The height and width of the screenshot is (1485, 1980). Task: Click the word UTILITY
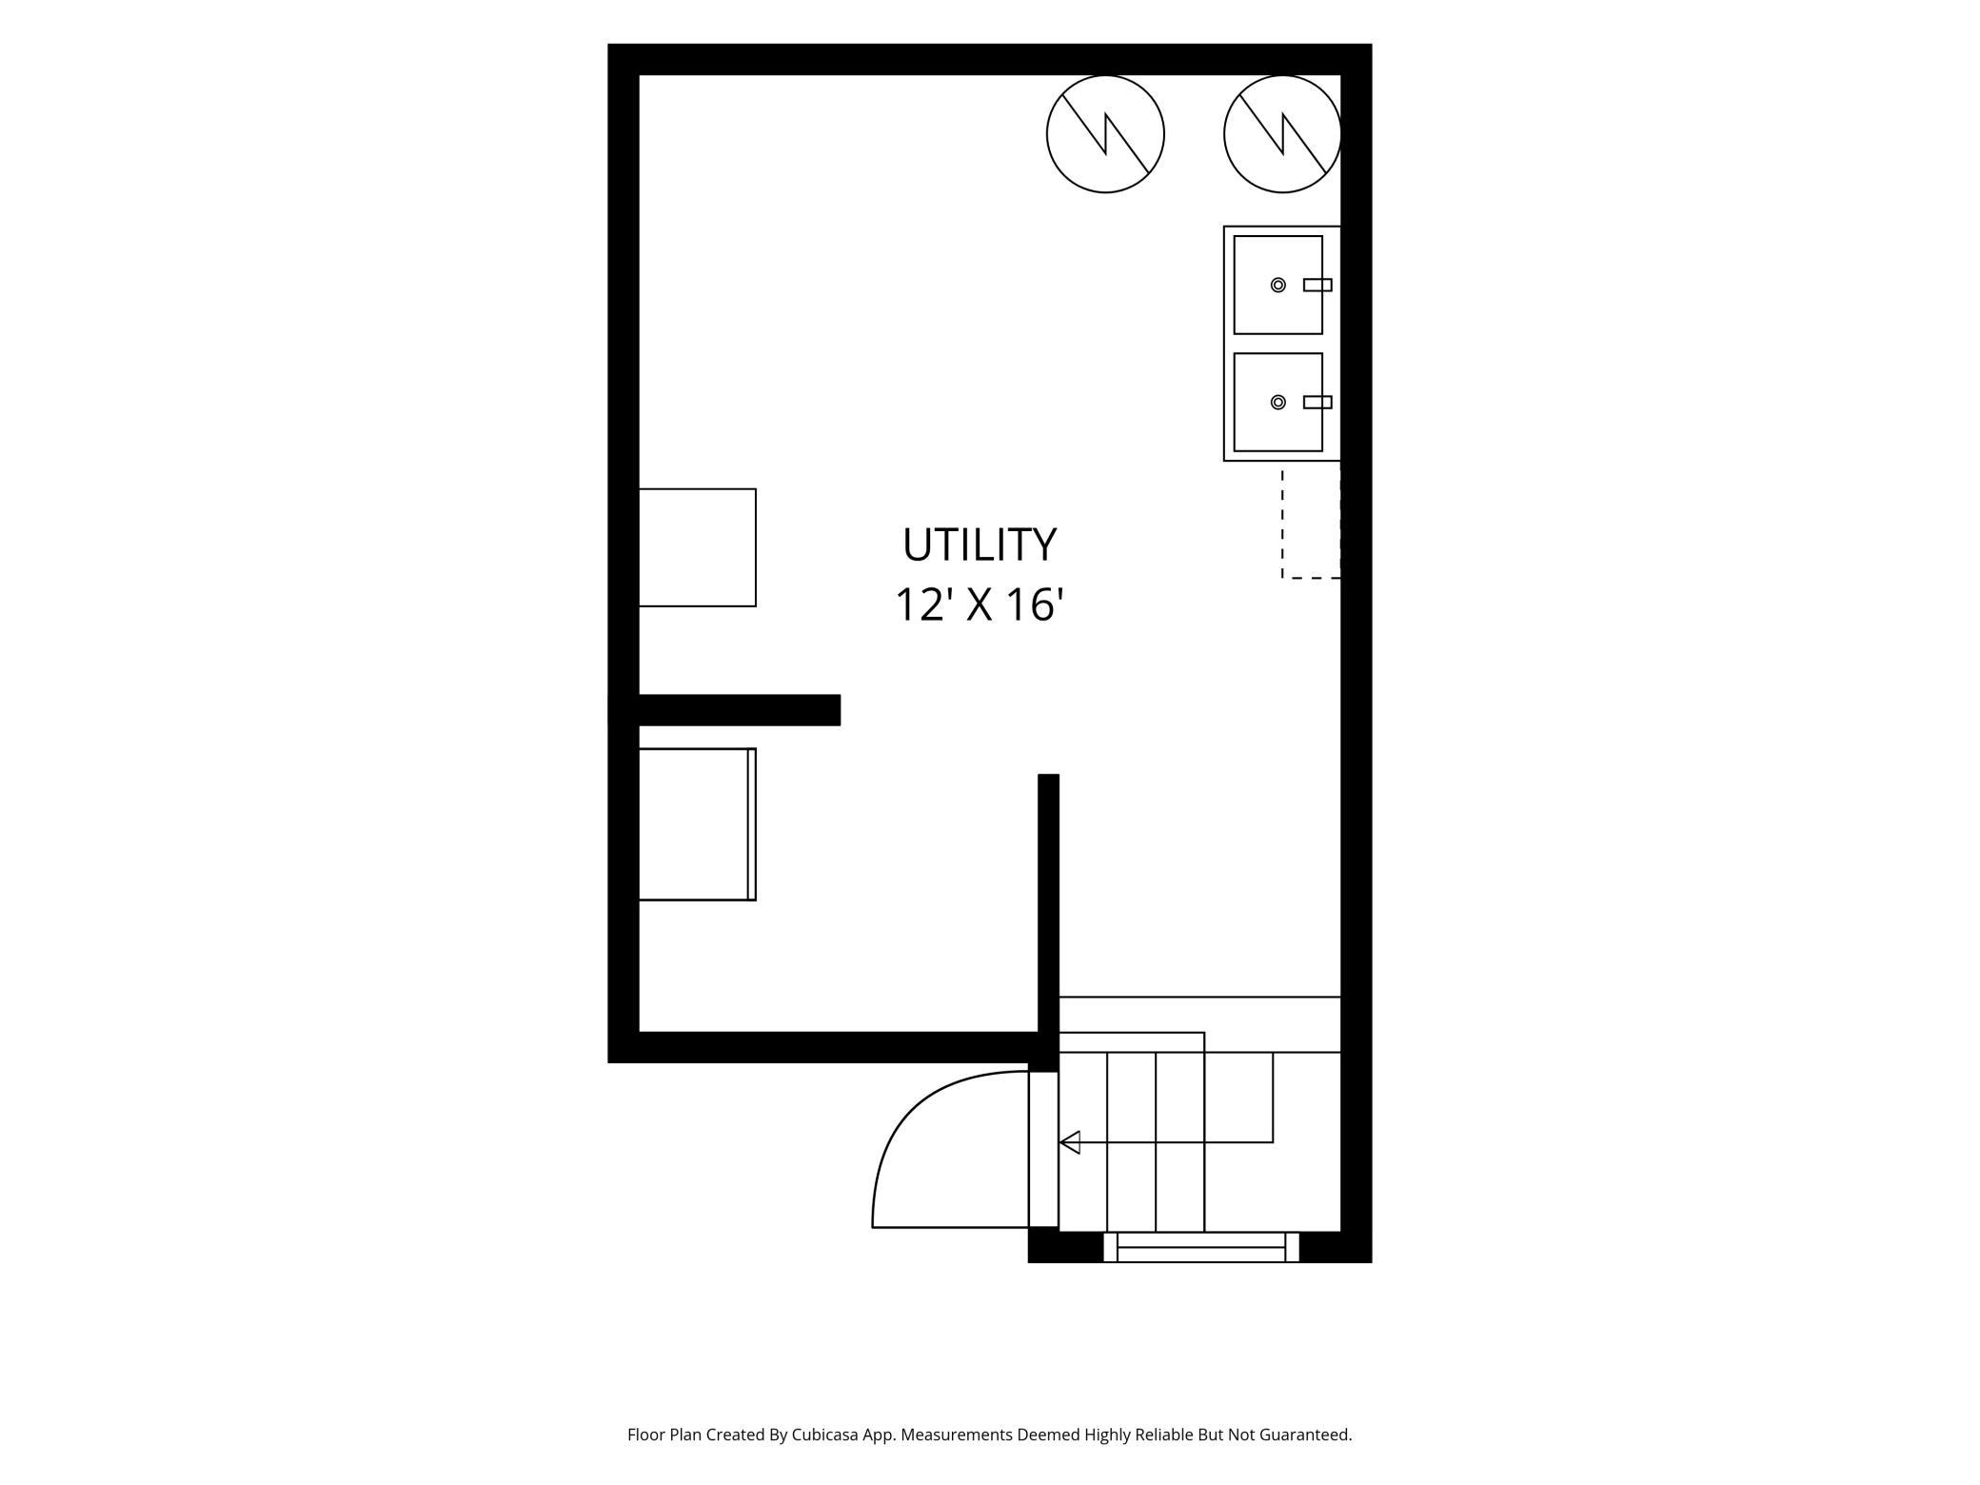pyautogui.click(x=980, y=544)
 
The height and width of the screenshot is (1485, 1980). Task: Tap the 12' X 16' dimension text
pyautogui.click(x=979, y=604)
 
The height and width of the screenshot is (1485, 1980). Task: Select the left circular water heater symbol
pyautogui.click(x=1105, y=134)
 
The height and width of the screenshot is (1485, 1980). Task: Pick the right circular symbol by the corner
pyautogui.click(x=1282, y=134)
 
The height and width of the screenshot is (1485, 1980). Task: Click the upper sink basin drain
pyautogui.click(x=1278, y=285)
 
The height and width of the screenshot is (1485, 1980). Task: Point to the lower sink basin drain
pyautogui.click(x=1278, y=402)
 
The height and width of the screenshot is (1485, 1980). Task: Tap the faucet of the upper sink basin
pyautogui.click(x=1317, y=285)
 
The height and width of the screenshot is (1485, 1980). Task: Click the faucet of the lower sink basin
pyautogui.click(x=1317, y=402)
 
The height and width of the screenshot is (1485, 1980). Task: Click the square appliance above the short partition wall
pyautogui.click(x=697, y=547)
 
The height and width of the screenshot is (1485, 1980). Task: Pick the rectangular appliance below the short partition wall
pyautogui.click(x=697, y=824)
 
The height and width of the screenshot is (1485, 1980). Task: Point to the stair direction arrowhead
pyautogui.click(x=1070, y=1142)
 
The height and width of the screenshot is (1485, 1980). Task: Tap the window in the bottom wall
pyautogui.click(x=1201, y=1247)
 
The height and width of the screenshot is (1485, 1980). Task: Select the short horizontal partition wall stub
pyautogui.click(x=724, y=710)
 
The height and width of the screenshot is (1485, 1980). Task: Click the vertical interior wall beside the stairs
pyautogui.click(x=1048, y=921)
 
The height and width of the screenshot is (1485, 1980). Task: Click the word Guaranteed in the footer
pyautogui.click(x=1305, y=1435)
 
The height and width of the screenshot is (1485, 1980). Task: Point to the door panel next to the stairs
pyautogui.click(x=1043, y=1149)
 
